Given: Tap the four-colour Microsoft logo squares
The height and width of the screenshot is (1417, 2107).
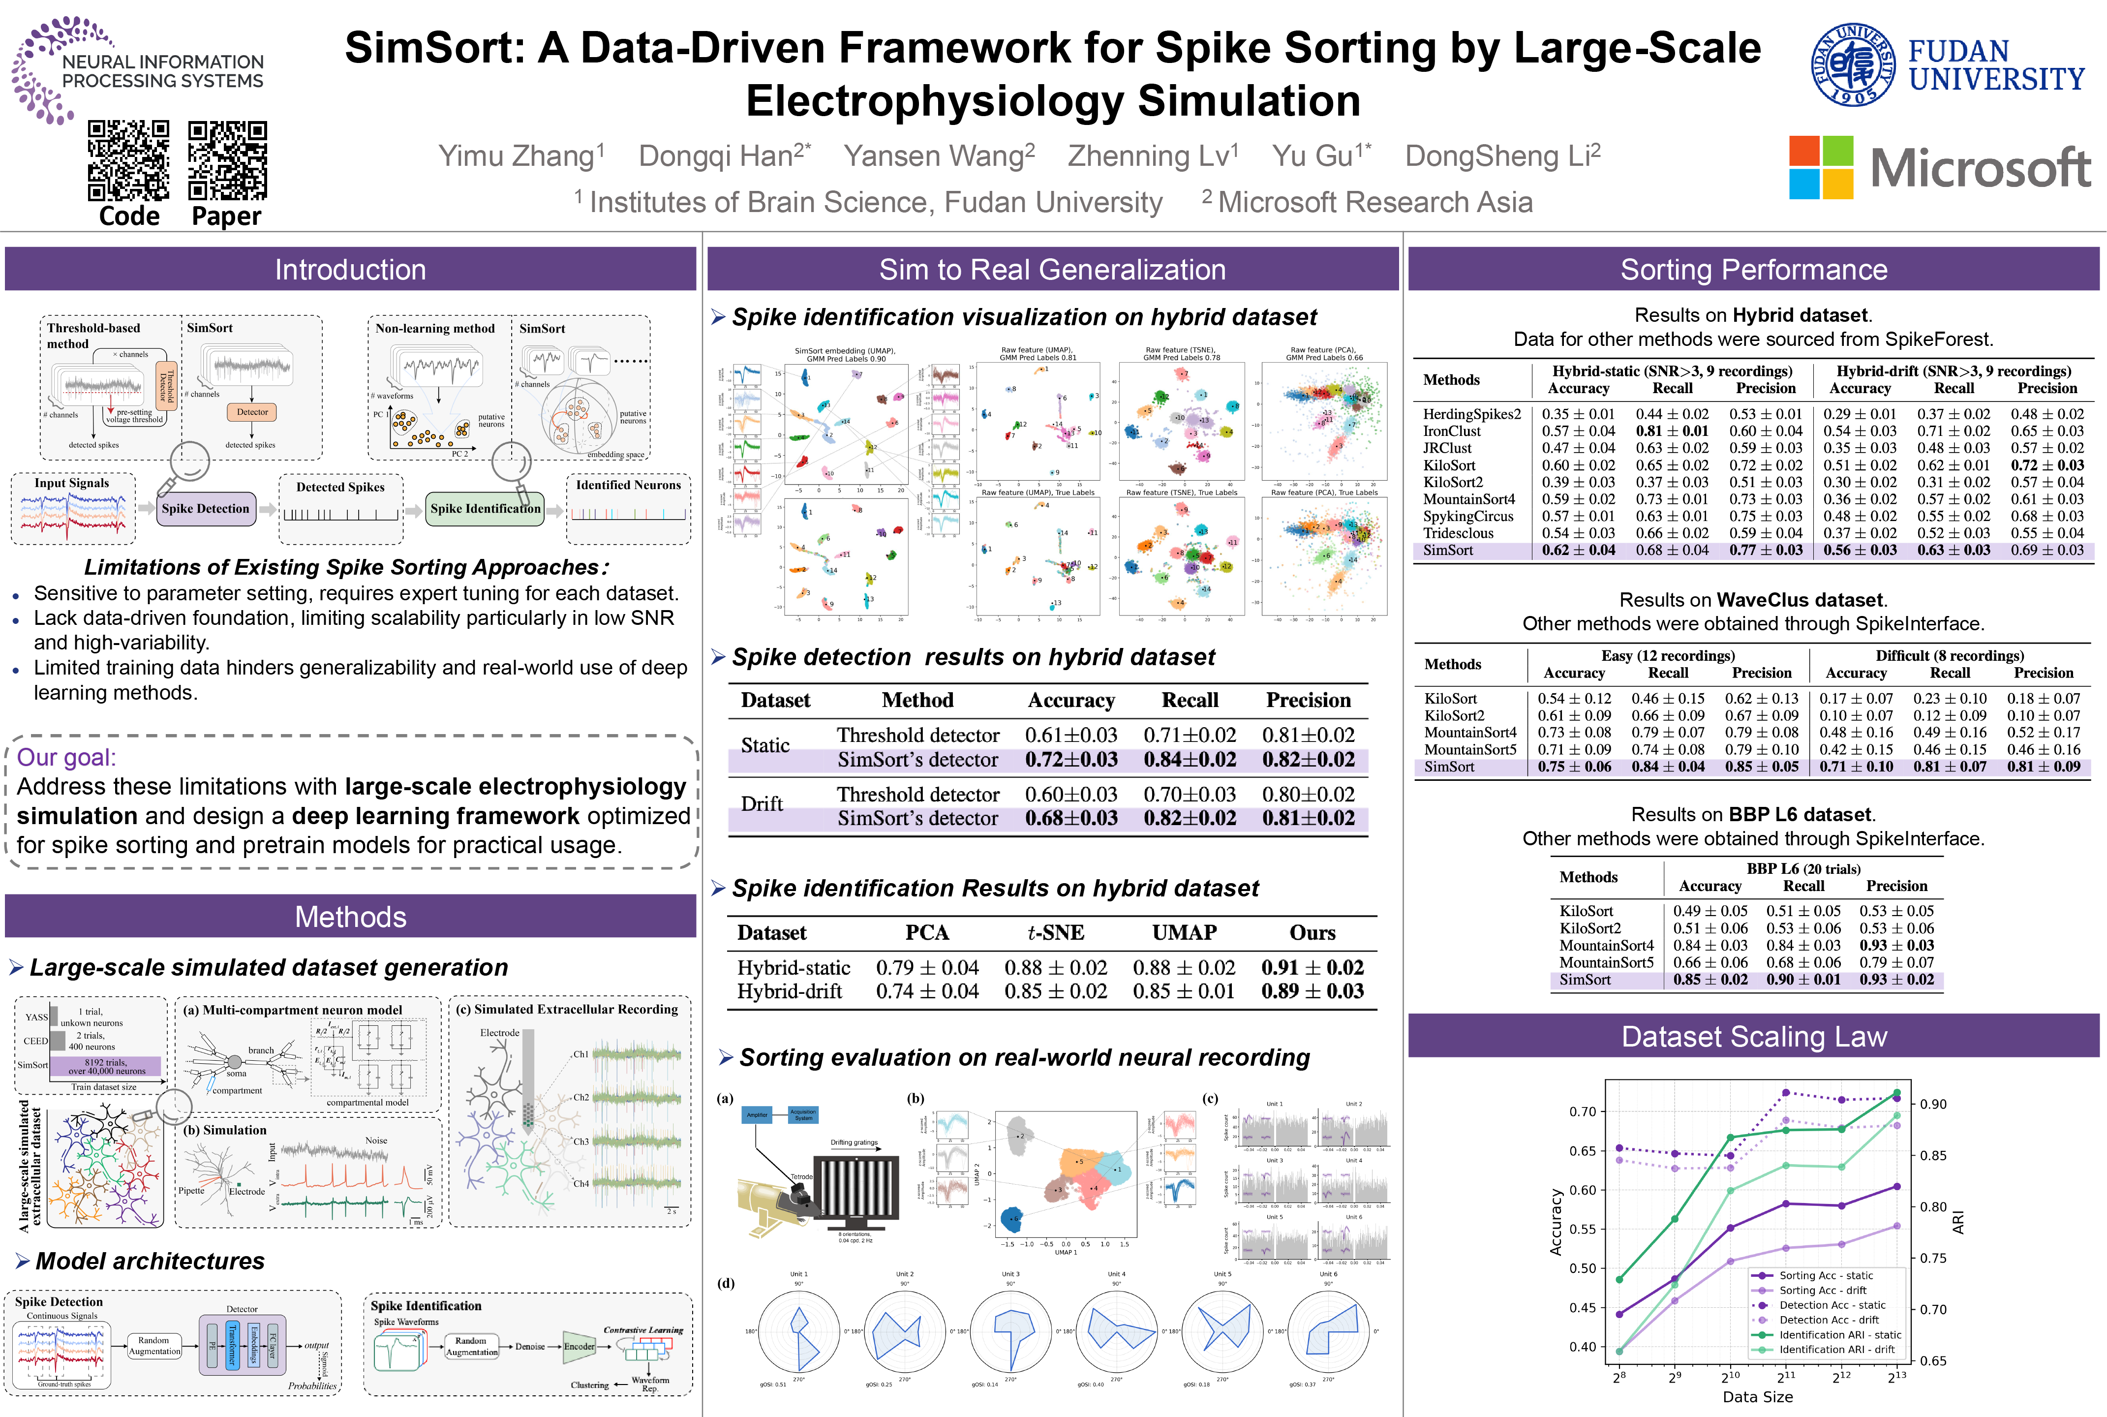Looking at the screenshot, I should click(x=1821, y=167).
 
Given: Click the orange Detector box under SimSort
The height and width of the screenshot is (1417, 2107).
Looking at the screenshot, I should click(x=252, y=412).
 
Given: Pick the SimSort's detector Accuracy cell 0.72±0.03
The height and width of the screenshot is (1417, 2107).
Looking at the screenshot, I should click(x=1070, y=760).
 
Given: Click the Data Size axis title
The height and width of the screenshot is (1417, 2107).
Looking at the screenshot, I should click(x=1757, y=1396).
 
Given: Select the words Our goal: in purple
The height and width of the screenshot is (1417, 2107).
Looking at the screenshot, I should click(x=67, y=757).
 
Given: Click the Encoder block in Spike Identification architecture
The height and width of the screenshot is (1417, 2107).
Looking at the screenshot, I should click(x=578, y=1347).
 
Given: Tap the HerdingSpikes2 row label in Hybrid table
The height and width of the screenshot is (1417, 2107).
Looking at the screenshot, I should click(x=1472, y=414).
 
